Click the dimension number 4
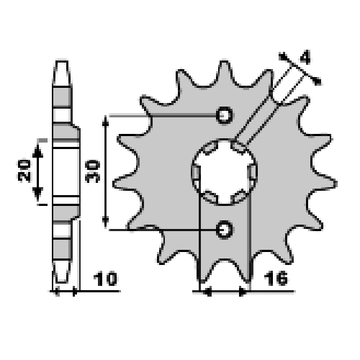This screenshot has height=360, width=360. coord(305,58)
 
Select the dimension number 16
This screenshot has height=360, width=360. coord(276,279)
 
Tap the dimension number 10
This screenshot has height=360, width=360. coord(105,279)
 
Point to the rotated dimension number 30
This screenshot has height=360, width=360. coord(93,171)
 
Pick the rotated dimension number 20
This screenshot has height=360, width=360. coord(24,170)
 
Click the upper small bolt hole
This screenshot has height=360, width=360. coord(225,115)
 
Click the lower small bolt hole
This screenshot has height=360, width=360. coord(225,230)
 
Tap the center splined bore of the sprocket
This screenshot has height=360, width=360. coord(225,172)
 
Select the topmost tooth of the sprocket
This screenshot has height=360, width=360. coord(225,72)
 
